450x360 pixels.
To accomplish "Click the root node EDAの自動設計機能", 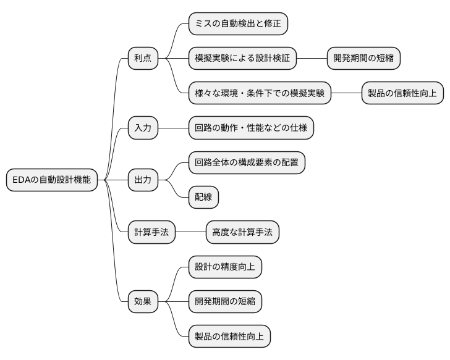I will point(51,180).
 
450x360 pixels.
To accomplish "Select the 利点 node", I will point(143,59).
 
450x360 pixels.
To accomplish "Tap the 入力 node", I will point(143,128).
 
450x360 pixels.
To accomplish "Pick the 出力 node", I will point(143,180).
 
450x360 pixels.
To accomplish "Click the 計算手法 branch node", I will point(151,232).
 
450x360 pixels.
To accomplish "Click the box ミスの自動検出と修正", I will point(238,24).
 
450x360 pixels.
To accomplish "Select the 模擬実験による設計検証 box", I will point(242,59).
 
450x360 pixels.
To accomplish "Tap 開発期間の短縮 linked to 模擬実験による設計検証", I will point(363,59).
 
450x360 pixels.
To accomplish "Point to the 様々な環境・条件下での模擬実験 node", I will point(260,93).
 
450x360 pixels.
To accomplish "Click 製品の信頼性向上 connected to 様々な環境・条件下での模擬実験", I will point(402,93).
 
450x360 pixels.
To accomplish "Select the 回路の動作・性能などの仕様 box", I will point(251,128).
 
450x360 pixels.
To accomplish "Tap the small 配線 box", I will point(203,197).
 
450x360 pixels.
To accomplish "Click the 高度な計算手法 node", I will point(242,232).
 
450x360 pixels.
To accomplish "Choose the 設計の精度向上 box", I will point(225,267).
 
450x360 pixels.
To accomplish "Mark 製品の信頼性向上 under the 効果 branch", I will point(229,337).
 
